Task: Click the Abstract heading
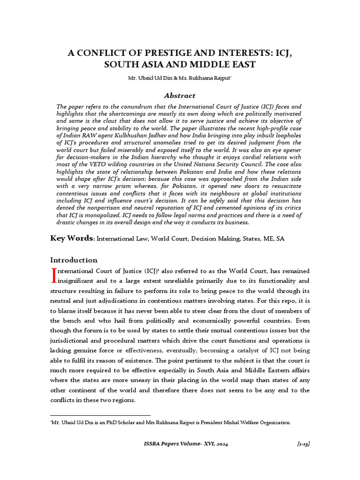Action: (180, 95)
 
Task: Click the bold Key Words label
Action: (72, 239)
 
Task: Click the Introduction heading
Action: (74, 260)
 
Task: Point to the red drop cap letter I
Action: (53, 276)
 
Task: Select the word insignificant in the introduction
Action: (77, 281)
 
